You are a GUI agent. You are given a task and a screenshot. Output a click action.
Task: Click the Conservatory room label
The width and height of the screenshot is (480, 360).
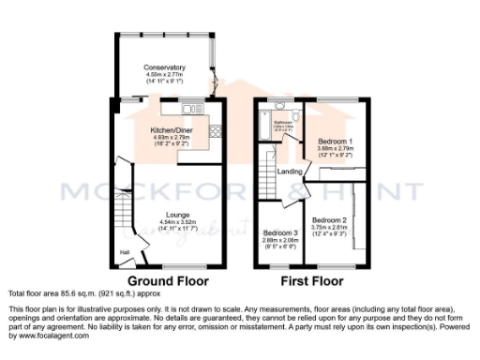(x=164, y=67)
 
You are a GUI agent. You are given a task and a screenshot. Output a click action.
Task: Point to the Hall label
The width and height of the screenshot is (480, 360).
(x=124, y=252)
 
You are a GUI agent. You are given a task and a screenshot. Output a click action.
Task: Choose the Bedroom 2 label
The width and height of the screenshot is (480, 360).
(x=334, y=195)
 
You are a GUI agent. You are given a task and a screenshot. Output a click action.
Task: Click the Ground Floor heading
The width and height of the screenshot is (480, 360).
(x=168, y=280)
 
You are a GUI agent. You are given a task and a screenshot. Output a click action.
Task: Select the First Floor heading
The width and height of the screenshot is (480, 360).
(x=306, y=280)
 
